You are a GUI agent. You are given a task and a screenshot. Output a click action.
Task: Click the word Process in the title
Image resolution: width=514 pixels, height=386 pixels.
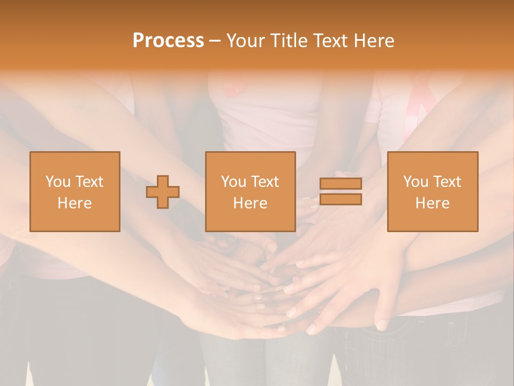pyautogui.click(x=168, y=41)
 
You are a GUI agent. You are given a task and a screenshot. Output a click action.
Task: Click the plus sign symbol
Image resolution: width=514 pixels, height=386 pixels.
pyautogui.click(x=163, y=192)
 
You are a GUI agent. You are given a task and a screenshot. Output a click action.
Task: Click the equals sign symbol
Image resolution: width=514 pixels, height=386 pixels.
pyautogui.click(x=341, y=191)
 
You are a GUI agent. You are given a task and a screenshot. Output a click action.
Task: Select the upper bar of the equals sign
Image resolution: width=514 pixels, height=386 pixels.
pyautogui.click(x=341, y=183)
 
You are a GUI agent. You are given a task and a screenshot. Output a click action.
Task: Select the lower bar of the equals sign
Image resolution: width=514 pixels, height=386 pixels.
pyautogui.click(x=341, y=199)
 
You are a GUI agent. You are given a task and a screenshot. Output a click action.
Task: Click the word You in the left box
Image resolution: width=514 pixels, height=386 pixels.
pyautogui.click(x=58, y=182)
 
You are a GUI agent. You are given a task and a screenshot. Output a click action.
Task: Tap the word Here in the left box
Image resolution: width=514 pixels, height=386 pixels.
pyautogui.click(x=75, y=203)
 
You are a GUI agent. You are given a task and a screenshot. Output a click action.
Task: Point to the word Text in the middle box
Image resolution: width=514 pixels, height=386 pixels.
pyautogui.click(x=265, y=182)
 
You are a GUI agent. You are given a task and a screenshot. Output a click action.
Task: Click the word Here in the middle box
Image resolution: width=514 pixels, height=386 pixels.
pyautogui.click(x=251, y=203)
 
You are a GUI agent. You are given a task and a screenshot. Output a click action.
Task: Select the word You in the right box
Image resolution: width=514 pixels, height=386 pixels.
pyautogui.click(x=415, y=182)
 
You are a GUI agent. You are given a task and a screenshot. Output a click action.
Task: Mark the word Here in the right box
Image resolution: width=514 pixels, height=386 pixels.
pyautogui.click(x=433, y=203)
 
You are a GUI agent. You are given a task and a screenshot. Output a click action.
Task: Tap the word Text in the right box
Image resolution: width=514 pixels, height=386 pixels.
pyautogui.click(x=447, y=182)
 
